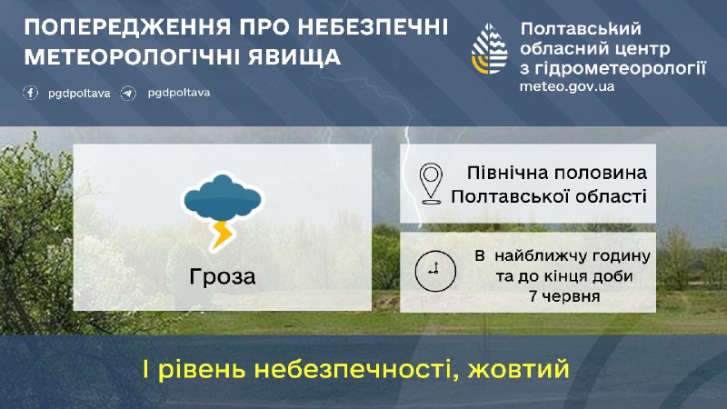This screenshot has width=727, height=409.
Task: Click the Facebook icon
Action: click(x=31, y=93)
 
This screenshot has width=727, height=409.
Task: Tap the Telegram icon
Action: click(x=128, y=94)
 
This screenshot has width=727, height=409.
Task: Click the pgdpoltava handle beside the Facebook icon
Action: click(x=79, y=94)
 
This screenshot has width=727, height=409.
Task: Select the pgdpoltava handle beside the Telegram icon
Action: click(x=179, y=94)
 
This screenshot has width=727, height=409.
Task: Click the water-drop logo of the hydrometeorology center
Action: click(x=490, y=49)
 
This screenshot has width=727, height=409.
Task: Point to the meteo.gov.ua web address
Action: click(x=567, y=86)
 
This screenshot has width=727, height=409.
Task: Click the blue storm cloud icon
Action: click(x=222, y=197)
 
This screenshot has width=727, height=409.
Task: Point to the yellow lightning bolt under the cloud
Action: click(x=221, y=235)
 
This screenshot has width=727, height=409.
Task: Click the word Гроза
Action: click(x=223, y=277)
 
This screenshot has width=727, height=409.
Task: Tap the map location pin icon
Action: click(x=431, y=184)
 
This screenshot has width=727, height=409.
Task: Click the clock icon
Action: click(x=435, y=271)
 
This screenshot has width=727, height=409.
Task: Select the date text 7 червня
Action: click(x=564, y=296)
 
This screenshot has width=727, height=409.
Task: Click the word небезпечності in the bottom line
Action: click(x=356, y=370)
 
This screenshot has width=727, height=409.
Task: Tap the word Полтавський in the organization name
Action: click(x=581, y=29)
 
